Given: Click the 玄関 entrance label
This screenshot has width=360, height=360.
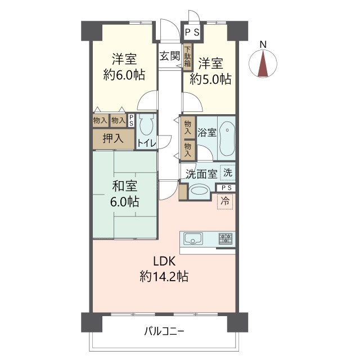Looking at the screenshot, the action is click(x=170, y=56).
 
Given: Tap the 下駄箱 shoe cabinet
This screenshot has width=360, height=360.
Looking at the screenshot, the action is click(x=188, y=57).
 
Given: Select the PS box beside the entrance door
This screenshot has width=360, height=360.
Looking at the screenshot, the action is click(x=192, y=33).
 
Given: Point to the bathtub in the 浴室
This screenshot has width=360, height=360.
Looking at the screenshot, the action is click(x=227, y=138).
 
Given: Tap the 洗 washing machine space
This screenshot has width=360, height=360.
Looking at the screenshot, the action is click(x=227, y=173).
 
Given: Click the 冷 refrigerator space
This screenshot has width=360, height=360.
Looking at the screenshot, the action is click(x=225, y=201).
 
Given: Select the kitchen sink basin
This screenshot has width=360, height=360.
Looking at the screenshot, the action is click(x=193, y=238).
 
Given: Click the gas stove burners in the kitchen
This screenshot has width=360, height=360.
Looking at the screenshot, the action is click(x=226, y=238).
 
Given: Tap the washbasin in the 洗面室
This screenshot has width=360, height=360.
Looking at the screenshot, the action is click(x=200, y=191).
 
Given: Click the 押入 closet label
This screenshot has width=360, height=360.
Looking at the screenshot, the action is click(x=113, y=138).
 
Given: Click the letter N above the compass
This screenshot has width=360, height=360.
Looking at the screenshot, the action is click(x=263, y=44).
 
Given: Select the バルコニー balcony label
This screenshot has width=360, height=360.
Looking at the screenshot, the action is click(x=164, y=331).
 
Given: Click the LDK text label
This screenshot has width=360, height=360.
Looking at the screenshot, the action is click(x=164, y=261).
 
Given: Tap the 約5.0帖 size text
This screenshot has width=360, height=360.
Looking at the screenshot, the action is click(x=210, y=79).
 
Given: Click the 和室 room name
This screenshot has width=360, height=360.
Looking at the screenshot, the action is click(x=125, y=186).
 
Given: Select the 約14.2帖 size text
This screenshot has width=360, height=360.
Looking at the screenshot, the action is click(x=164, y=276).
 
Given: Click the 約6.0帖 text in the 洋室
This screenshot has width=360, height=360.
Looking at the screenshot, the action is click(x=124, y=75).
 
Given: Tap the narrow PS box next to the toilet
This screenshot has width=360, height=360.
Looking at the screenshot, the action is click(x=131, y=120).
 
